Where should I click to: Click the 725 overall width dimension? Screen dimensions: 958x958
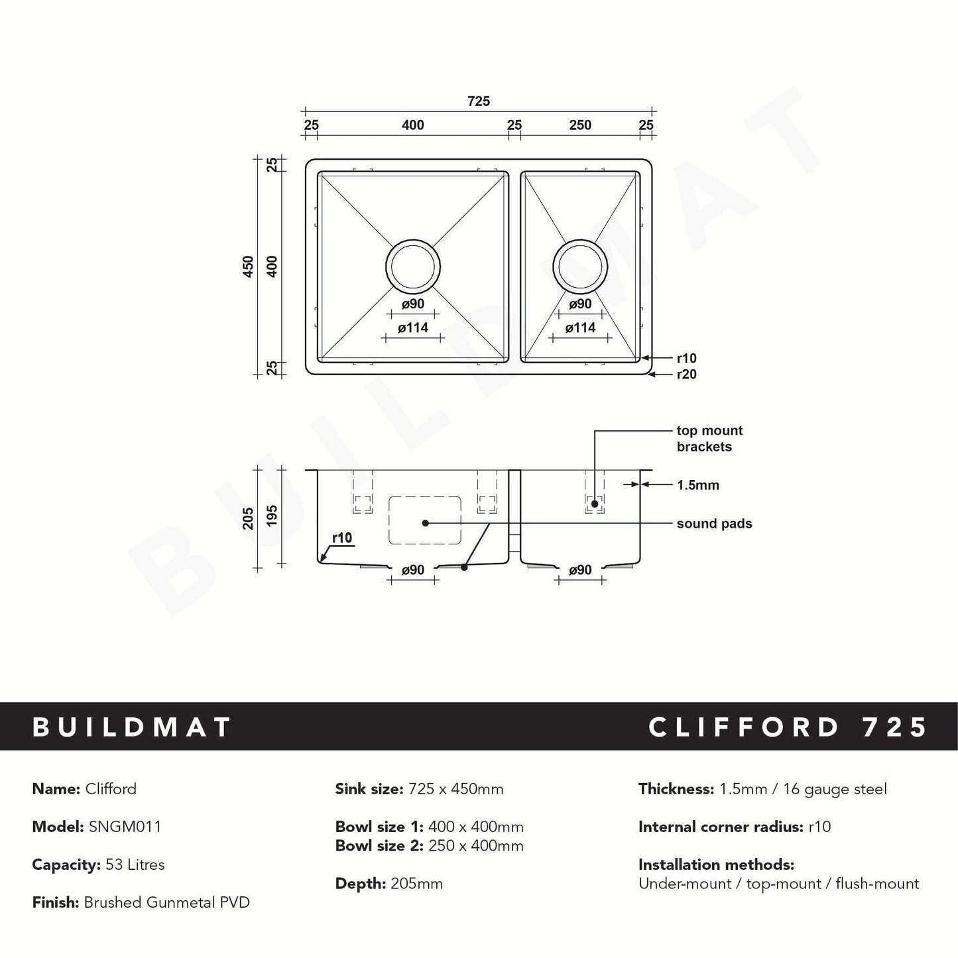[x=479, y=101]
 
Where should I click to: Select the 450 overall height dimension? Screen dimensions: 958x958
[x=249, y=267]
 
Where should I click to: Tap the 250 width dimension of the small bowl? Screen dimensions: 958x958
[x=580, y=125]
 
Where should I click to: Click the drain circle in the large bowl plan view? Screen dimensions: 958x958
[x=413, y=267]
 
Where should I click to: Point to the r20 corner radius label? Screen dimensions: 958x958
[x=686, y=375]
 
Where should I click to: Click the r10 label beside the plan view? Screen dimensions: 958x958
[x=686, y=359]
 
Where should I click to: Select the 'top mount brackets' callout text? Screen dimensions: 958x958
[x=709, y=439]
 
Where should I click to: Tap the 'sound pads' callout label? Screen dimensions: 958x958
[x=714, y=524]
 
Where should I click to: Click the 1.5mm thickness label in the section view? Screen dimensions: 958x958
[x=697, y=485]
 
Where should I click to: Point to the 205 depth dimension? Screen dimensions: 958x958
[x=249, y=518]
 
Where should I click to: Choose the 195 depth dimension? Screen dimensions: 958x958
[x=272, y=516]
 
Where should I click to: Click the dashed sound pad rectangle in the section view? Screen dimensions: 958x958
[x=424, y=520]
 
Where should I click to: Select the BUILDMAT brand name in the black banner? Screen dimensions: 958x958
[x=132, y=727]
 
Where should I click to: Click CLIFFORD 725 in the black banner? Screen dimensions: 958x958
[x=788, y=727]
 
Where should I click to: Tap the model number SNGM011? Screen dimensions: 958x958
[x=125, y=827]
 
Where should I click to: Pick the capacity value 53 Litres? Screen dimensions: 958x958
[x=135, y=865]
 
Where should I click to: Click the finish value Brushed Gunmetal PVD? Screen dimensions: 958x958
[x=166, y=902]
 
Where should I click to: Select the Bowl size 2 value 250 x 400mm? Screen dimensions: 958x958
[x=475, y=846]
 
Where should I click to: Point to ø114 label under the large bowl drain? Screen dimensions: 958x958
[x=413, y=328]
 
